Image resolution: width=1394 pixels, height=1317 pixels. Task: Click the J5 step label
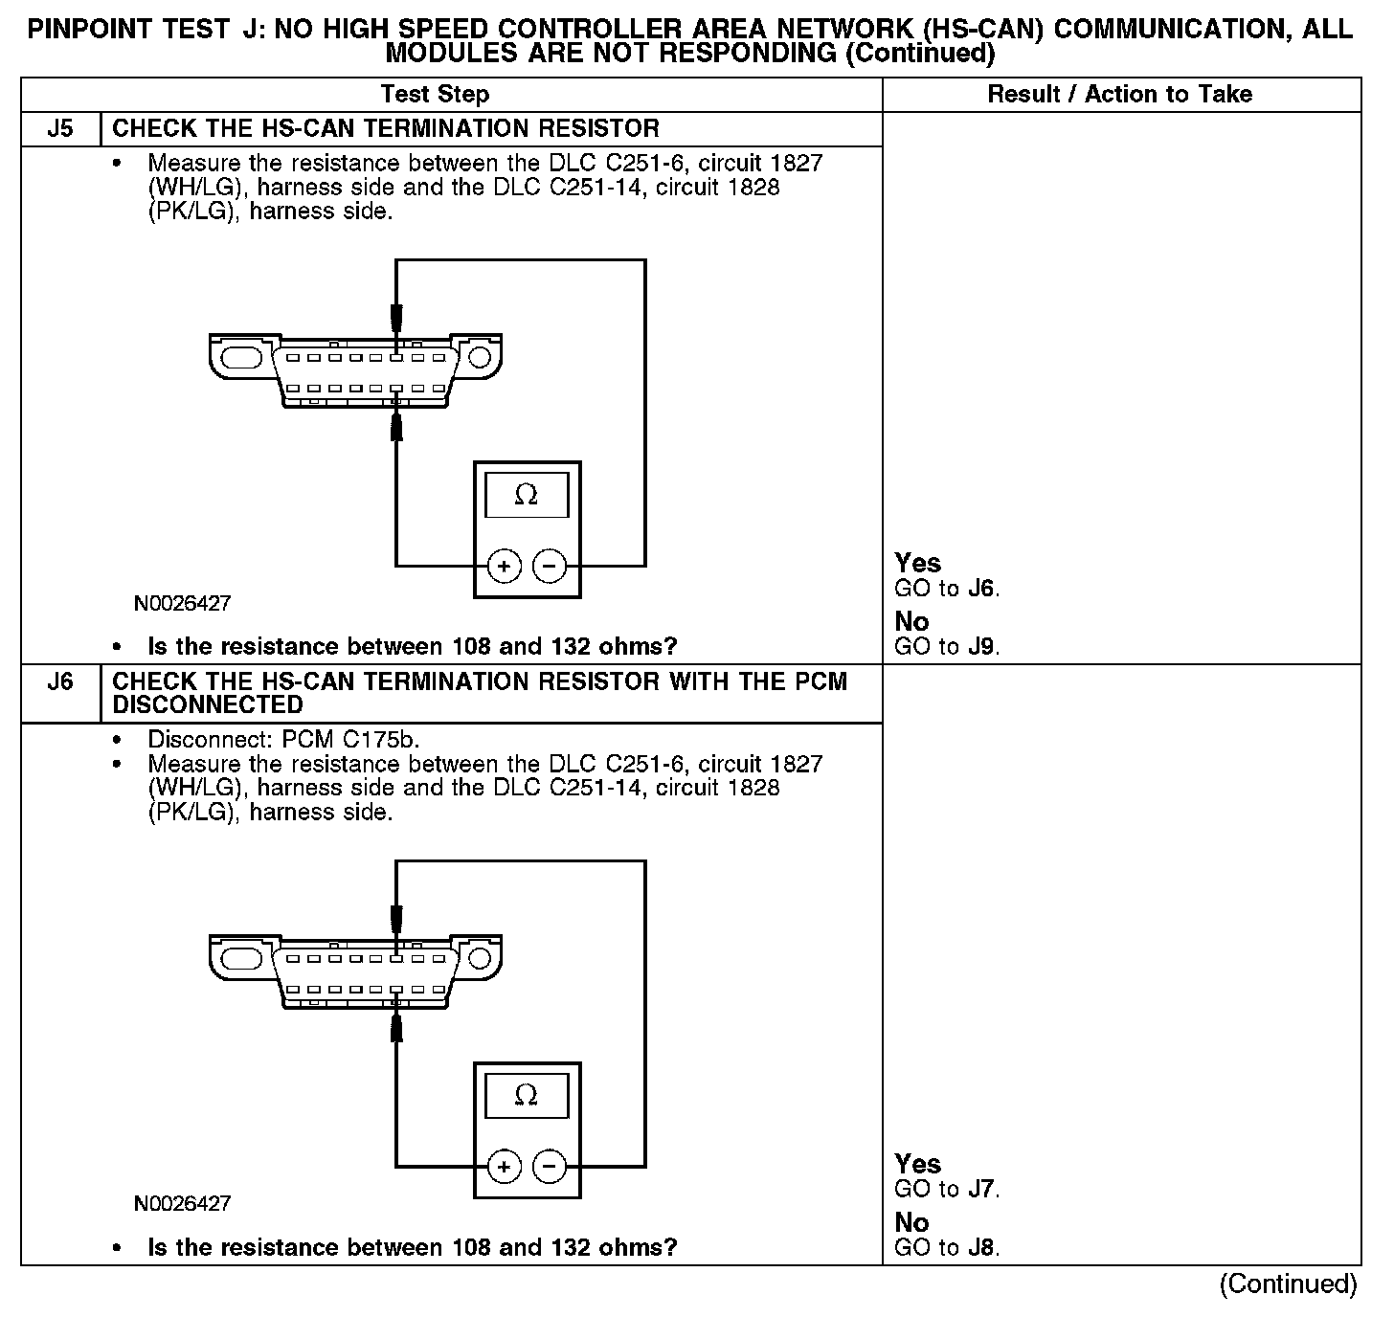(x=60, y=129)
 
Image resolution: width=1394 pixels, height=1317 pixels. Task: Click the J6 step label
(x=60, y=682)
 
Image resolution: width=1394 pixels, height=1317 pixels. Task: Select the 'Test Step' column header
(x=435, y=95)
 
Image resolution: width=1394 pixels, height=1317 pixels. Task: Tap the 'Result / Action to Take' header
(x=1119, y=95)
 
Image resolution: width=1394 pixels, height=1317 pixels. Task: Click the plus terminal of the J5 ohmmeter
(x=505, y=567)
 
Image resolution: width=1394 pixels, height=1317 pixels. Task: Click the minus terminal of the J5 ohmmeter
(x=549, y=567)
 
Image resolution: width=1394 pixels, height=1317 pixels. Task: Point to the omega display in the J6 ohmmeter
(x=527, y=1095)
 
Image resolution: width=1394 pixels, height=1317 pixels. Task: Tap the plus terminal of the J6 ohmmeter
(x=505, y=1167)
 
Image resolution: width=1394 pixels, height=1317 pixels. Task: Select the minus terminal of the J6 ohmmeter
(x=549, y=1167)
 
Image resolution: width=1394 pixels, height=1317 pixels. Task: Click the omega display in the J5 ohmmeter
(x=527, y=495)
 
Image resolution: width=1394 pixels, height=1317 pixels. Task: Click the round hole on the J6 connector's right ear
(x=480, y=958)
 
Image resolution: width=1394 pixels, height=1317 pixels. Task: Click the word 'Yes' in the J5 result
(x=917, y=563)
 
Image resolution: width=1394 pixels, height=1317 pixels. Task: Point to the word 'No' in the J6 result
(x=911, y=1222)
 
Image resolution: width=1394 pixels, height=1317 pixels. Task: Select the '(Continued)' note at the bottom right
(x=1288, y=1284)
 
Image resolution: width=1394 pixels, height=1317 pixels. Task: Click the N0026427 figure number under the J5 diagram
(x=182, y=604)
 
